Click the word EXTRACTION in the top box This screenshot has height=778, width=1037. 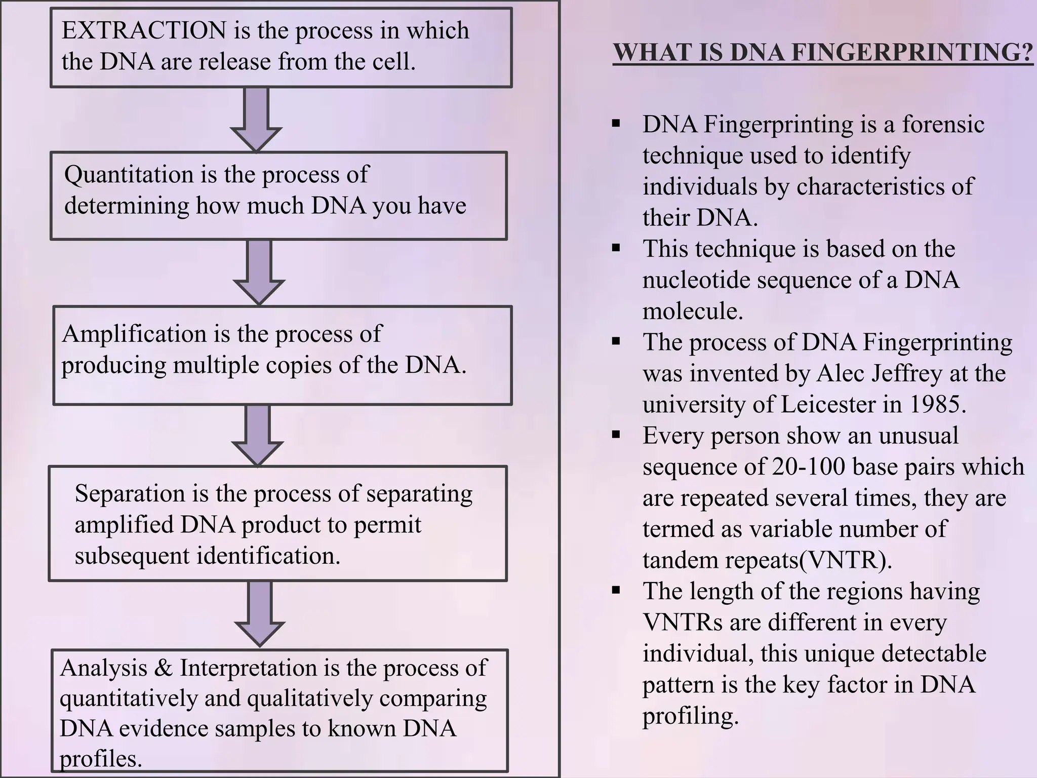click(x=144, y=31)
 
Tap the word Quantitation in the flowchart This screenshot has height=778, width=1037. click(x=129, y=175)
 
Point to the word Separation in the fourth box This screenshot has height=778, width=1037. click(x=130, y=494)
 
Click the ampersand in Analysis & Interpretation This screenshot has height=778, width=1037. click(x=163, y=668)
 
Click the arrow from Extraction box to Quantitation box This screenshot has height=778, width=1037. click(x=256, y=119)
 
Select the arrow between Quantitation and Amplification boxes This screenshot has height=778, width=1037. click(x=259, y=272)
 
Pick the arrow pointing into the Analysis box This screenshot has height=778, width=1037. click(x=260, y=613)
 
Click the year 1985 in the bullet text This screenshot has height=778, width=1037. click(x=938, y=405)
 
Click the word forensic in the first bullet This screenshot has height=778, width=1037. click(x=943, y=125)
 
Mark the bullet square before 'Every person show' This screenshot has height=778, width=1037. click(x=616, y=434)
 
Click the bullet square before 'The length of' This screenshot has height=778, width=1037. click(x=616, y=590)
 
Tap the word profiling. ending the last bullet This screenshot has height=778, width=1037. click(x=691, y=716)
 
